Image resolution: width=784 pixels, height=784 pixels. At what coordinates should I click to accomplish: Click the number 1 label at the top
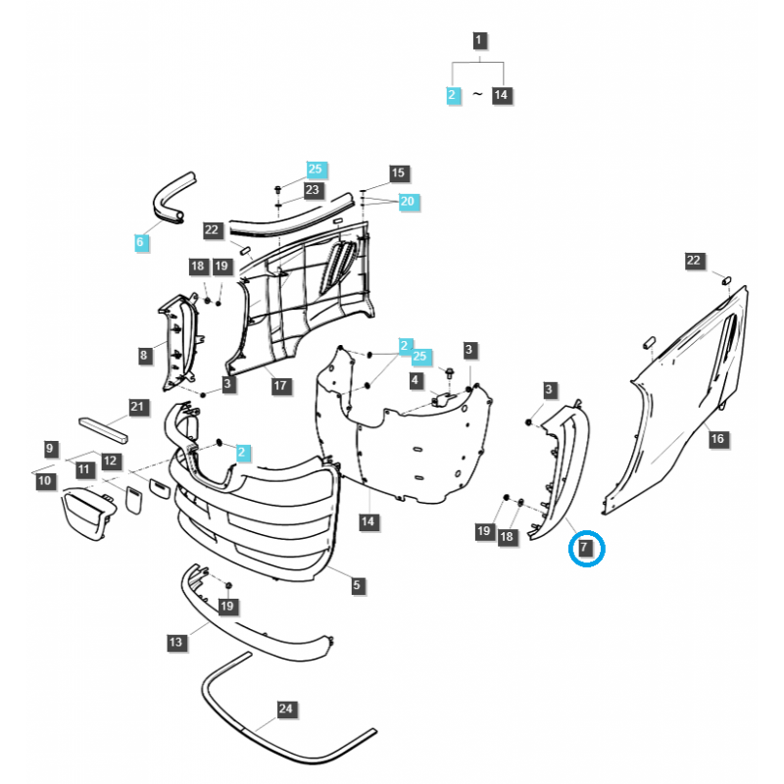click(478, 41)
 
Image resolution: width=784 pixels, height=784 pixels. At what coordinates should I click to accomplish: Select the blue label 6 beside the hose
click(142, 241)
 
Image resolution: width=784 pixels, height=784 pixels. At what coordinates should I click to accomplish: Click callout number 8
click(144, 356)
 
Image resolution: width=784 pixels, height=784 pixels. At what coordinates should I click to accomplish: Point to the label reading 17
click(280, 385)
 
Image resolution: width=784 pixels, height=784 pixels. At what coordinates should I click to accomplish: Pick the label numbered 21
click(137, 407)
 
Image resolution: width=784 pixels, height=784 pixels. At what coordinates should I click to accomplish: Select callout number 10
click(44, 481)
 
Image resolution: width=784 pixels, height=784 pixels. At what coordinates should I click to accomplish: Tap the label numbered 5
click(357, 585)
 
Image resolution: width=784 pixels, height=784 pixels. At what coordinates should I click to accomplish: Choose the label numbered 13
click(175, 642)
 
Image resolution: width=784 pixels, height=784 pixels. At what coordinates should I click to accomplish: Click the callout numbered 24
click(285, 708)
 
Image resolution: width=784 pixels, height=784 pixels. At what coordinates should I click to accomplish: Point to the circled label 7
click(585, 547)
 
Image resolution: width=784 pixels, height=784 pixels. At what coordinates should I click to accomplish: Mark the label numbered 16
click(717, 438)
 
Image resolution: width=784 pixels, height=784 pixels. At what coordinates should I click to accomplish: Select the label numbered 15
click(398, 173)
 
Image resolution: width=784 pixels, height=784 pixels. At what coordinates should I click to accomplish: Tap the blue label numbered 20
click(408, 201)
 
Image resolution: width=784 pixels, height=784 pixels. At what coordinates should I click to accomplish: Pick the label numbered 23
click(313, 189)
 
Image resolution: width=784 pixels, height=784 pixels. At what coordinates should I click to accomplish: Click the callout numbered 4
click(416, 379)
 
